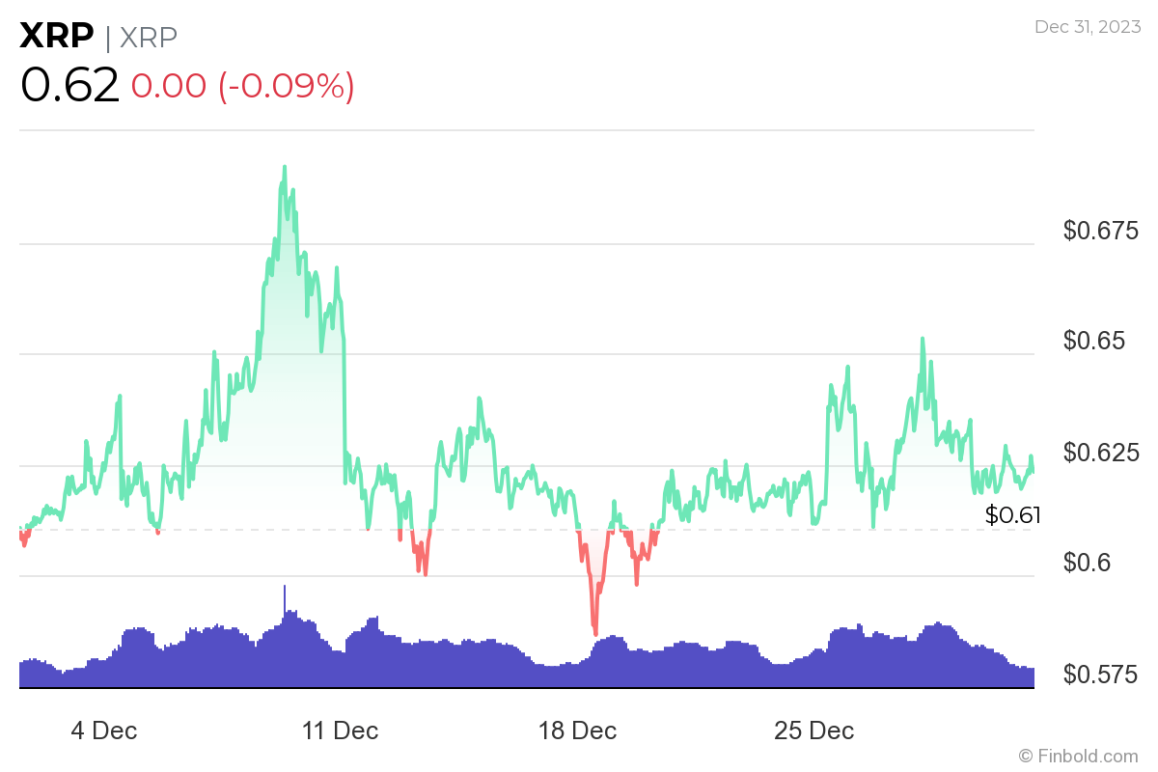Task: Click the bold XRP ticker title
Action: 57,37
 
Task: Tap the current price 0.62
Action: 69,86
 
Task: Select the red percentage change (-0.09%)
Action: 287,86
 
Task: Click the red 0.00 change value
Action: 168,86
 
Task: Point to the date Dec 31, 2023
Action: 1087,27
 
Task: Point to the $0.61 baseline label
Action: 1012,515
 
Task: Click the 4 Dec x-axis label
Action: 104,731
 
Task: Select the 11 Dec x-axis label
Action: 341,731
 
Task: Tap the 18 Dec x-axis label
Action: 577,731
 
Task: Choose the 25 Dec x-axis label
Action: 813,731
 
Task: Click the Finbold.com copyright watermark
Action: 1078,756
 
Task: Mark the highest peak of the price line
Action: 285,167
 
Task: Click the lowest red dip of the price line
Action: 595,634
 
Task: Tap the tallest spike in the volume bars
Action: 285,587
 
